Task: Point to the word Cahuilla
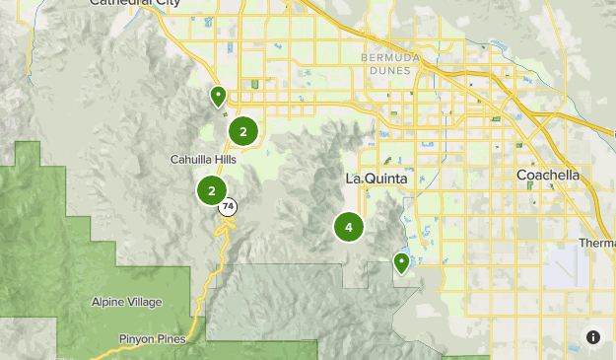coord(186,159)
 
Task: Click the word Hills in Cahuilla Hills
coord(223,159)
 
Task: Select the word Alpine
coord(110,302)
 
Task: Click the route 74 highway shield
coord(229,207)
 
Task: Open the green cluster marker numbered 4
coord(348,227)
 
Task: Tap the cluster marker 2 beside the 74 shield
coord(211,190)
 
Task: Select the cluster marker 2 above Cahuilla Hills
coord(242,130)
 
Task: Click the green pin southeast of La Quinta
coord(401,262)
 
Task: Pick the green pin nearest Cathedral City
coord(218,95)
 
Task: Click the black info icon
coord(593,336)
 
